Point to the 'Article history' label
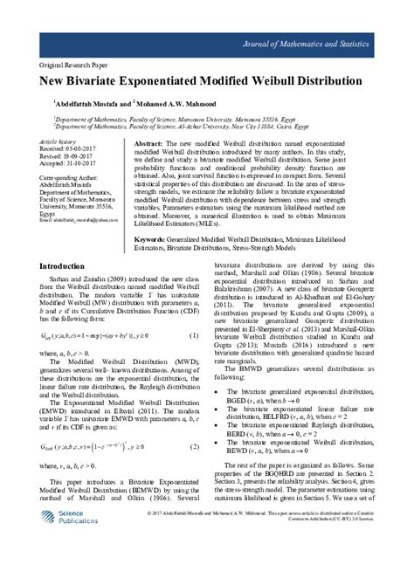coord(58,141)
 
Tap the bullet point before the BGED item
coord(217,419)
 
